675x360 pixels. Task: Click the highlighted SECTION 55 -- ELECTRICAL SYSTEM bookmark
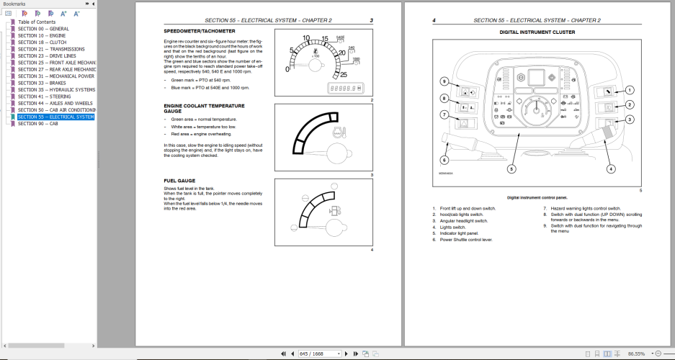point(55,117)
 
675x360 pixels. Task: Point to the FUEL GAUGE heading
point(180,181)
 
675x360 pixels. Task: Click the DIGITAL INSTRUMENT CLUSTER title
point(537,32)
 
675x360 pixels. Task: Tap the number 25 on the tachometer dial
point(344,74)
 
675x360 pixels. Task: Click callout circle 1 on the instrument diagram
point(629,90)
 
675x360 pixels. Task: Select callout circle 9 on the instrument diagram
point(444,81)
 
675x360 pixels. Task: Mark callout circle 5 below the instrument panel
point(511,169)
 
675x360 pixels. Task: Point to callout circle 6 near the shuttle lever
point(444,160)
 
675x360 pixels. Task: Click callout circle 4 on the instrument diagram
point(611,169)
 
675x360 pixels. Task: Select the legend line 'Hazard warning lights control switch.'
point(584,209)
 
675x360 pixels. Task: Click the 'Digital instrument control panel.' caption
point(537,197)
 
